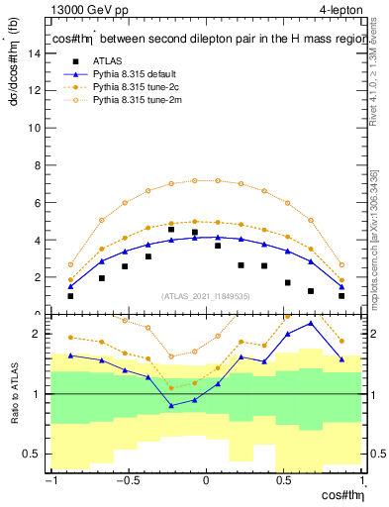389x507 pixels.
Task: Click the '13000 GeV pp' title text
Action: click(84, 11)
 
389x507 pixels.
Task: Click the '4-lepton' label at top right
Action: click(338, 11)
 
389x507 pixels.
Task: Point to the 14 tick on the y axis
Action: click(37, 54)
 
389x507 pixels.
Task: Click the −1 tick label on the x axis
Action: click(49, 482)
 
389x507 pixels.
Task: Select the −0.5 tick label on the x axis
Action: click(126, 482)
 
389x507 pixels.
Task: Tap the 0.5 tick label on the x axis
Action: click(284, 482)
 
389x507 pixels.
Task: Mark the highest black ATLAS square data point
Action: click(171, 230)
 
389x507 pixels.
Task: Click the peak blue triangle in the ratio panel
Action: click(311, 323)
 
